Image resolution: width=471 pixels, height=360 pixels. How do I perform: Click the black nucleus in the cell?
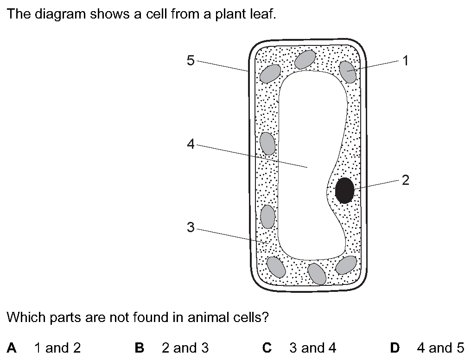pos(344,190)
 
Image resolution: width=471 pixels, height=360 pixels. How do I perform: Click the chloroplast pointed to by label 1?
pos(348,72)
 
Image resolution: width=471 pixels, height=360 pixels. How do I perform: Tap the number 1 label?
pos(406,61)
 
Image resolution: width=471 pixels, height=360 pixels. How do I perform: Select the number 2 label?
pos(405,180)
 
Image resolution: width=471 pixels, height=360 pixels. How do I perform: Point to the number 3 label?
pos(191,227)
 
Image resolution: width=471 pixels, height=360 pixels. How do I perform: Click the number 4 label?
pos(191,144)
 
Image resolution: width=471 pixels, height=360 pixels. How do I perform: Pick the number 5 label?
pos(191,60)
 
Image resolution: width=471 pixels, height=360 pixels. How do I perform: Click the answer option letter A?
pos(12,347)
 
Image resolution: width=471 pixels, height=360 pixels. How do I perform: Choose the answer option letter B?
pos(140,347)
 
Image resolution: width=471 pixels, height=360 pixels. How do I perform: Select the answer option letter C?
pos(267,347)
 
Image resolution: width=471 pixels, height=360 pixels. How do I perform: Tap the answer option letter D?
pos(395,347)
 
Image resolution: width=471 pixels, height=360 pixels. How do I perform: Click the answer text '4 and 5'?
pos(440,347)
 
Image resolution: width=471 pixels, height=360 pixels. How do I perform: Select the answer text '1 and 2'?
pos(57,347)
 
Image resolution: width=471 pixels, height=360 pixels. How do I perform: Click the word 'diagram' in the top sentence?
pos(60,14)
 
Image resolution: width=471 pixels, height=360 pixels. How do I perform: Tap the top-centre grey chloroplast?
pos(305,59)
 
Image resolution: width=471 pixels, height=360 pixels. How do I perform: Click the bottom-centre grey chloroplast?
pos(317,273)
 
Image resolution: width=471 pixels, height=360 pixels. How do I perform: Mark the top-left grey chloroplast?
pos(270,74)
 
